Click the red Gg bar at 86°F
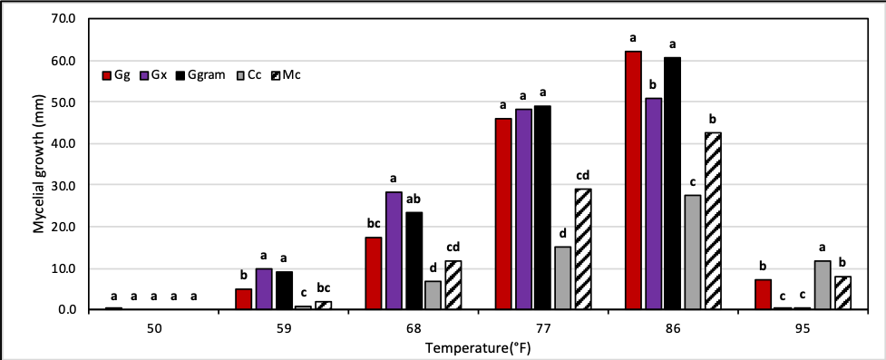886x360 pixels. point(633,180)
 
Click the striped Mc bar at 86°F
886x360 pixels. point(713,221)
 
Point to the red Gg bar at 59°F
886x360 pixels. point(242,299)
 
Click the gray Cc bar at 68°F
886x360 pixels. point(433,296)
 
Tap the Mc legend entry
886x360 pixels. point(283,74)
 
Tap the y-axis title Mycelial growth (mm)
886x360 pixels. point(39,163)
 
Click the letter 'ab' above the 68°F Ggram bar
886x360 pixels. point(413,199)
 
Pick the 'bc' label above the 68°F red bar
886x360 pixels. point(373,223)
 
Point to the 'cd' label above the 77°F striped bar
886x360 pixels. point(583,175)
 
